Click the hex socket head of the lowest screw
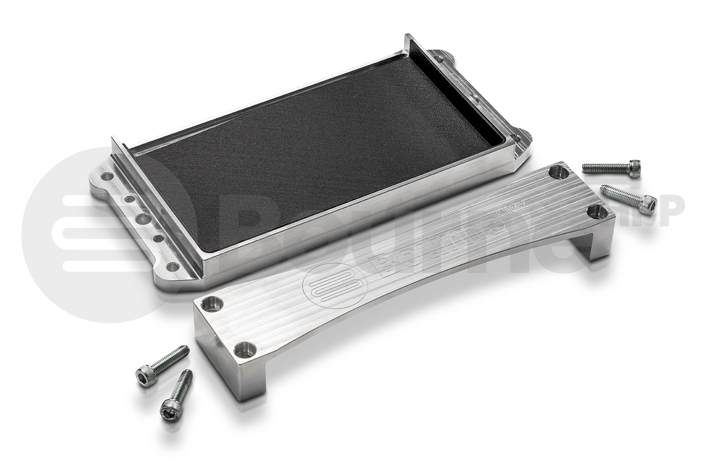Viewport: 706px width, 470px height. point(169,412)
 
